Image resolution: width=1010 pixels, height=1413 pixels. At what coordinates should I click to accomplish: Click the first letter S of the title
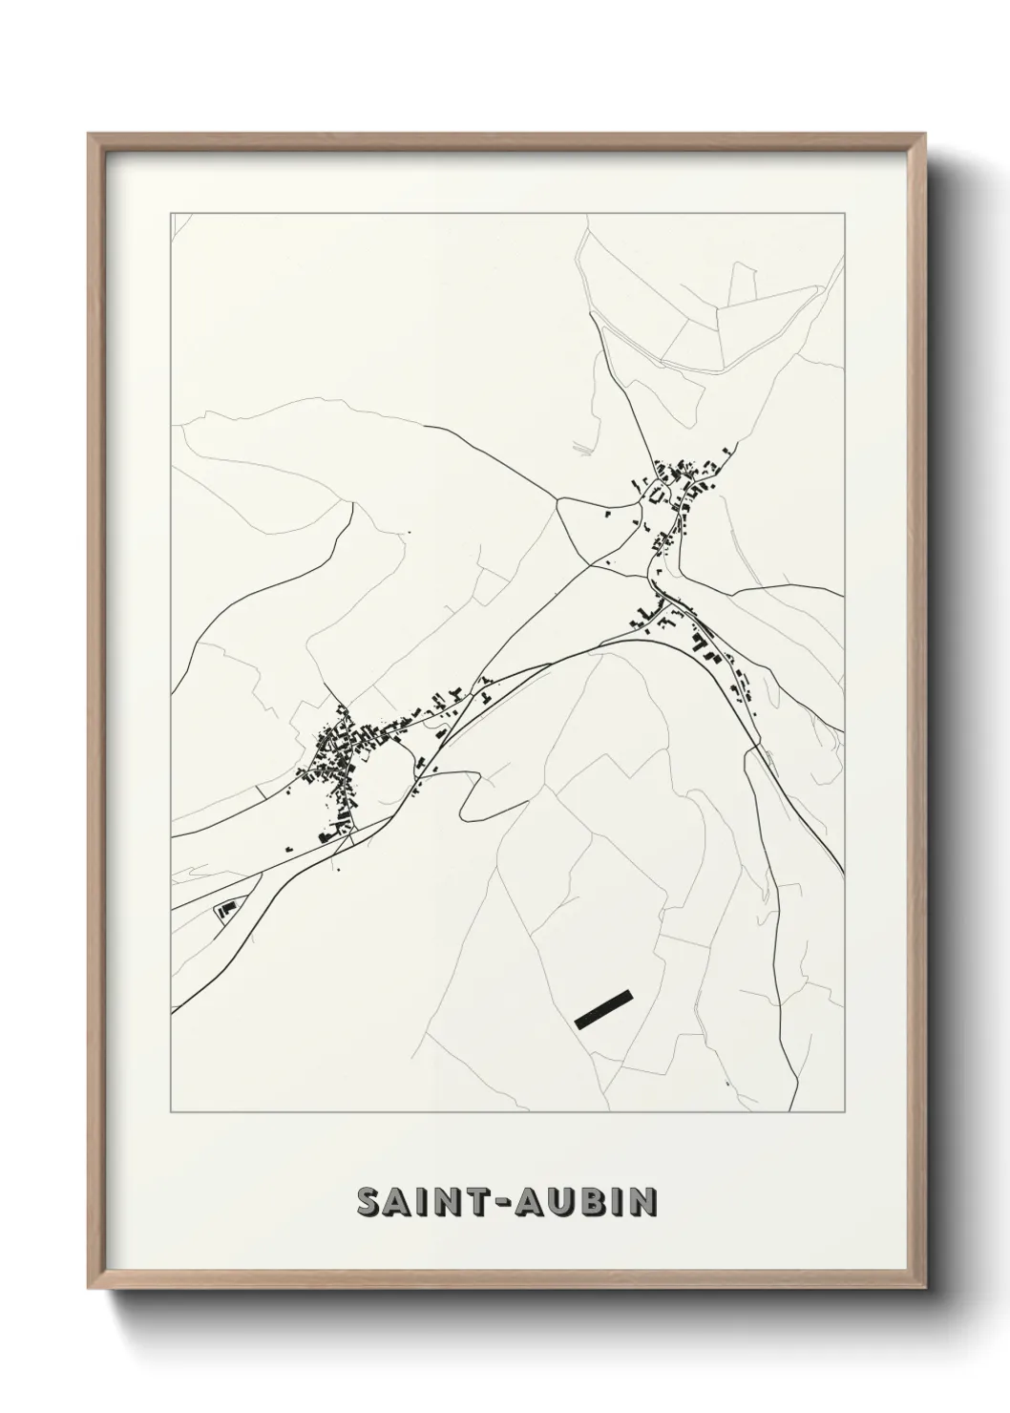point(368,1203)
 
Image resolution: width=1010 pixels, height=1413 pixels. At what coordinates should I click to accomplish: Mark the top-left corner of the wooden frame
point(89,135)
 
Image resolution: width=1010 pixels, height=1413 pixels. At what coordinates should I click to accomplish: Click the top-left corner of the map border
point(171,213)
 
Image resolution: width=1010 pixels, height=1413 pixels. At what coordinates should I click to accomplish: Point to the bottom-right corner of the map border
point(845,1112)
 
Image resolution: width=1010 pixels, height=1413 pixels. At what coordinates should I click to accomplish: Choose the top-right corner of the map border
point(845,213)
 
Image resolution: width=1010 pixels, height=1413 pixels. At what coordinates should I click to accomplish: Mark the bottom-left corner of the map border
point(171,1112)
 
